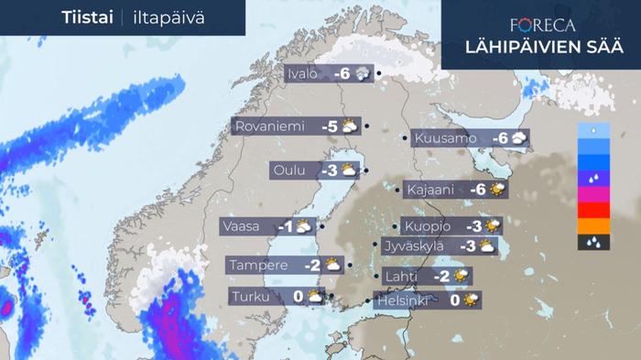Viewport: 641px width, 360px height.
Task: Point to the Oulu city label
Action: [x=289, y=170]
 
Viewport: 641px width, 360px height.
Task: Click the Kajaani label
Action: [x=433, y=191]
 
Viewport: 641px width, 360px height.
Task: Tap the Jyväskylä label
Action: [x=414, y=245]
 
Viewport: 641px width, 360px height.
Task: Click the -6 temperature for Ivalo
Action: [x=342, y=74]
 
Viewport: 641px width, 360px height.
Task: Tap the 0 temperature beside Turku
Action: [x=298, y=296]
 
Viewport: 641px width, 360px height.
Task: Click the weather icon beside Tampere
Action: [x=333, y=265]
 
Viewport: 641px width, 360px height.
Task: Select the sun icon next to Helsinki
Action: [x=471, y=300]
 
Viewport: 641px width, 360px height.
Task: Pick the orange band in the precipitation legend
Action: [x=593, y=225]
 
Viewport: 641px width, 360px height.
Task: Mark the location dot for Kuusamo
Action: [x=407, y=138]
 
